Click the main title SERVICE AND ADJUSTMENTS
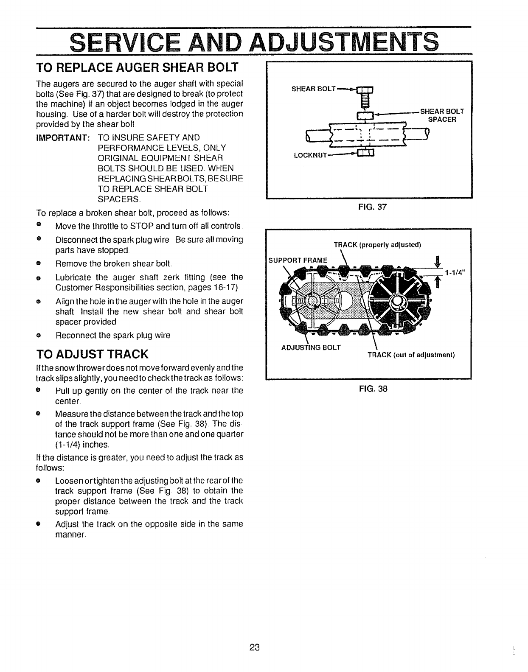coord(254,42)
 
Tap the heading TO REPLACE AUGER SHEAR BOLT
coord(138,67)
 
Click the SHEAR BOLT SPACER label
coord(442,115)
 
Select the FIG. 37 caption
coord(368,207)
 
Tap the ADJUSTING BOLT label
coord(311,347)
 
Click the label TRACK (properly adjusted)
coord(377,245)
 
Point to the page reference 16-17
coord(224,288)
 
